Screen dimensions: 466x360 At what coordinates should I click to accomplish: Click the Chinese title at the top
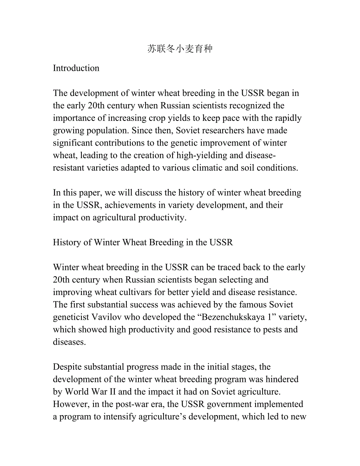point(180,49)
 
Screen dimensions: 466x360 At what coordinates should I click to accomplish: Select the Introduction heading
point(76,68)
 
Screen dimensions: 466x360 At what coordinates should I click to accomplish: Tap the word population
point(104,130)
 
